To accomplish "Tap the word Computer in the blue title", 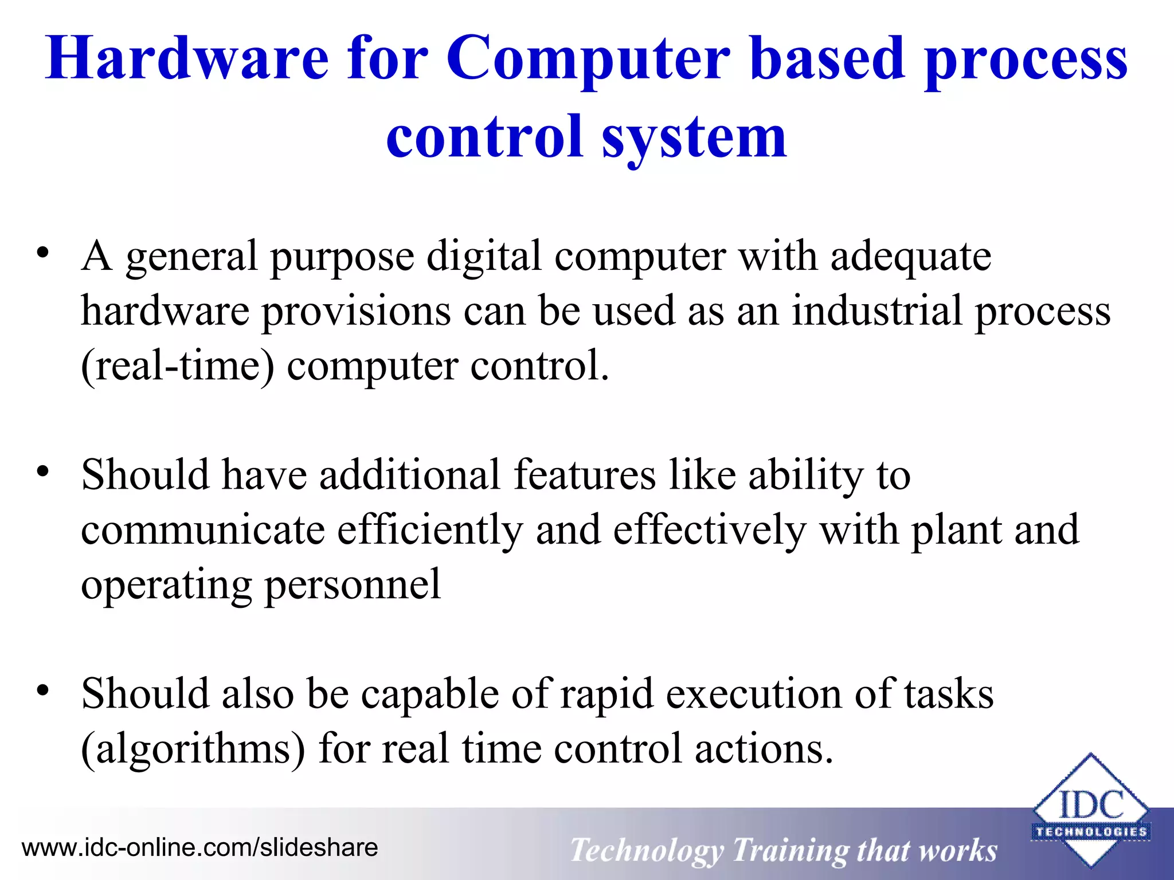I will pos(588,58).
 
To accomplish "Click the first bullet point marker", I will pos(42,253).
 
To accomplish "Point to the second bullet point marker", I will pos(42,472).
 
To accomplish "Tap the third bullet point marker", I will pos(42,691).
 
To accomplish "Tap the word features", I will pos(584,475).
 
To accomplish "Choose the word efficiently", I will pos(430,530).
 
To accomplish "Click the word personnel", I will pos(353,585).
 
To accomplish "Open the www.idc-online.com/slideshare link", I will pos(199,847).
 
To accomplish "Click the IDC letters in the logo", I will pos(1091,804).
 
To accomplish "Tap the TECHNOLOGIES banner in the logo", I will pos(1091,832).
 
